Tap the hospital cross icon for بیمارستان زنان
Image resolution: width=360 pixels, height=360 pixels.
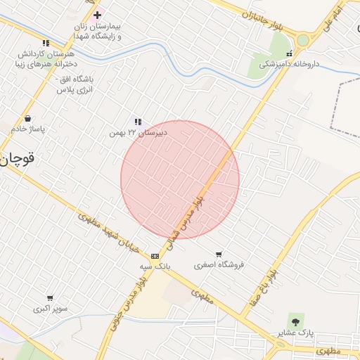click(x=97, y=15)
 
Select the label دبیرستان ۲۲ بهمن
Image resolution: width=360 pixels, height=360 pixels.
click(x=136, y=132)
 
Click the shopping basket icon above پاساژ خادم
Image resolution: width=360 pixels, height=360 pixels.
click(x=27, y=119)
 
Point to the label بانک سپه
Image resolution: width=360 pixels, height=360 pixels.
click(x=154, y=267)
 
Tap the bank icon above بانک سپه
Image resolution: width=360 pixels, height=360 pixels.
click(x=155, y=256)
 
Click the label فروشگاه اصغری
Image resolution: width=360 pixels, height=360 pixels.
click(x=219, y=265)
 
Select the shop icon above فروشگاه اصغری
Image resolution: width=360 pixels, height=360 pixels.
click(x=219, y=254)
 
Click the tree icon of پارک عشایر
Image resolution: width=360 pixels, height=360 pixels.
click(x=294, y=321)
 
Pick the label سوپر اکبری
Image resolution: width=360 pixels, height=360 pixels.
click(x=50, y=309)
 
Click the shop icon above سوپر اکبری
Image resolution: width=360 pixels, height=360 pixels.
click(x=50, y=298)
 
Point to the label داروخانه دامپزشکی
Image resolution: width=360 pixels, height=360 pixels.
click(x=288, y=63)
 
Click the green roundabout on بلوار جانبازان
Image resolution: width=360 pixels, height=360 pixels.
click(x=303, y=40)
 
